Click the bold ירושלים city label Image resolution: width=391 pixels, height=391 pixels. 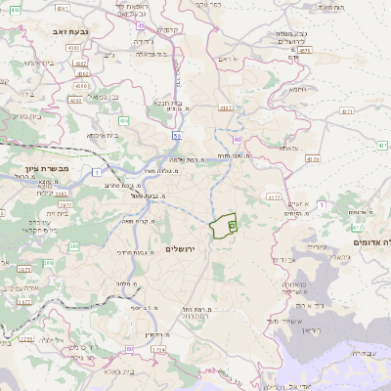(x=181, y=249)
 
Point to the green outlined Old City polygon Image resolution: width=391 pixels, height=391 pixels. (x=224, y=227)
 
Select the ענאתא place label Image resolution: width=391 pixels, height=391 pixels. (x=288, y=148)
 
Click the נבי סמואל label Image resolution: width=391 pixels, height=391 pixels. (x=104, y=97)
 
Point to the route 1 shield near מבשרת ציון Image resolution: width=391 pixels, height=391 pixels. (x=97, y=173)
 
